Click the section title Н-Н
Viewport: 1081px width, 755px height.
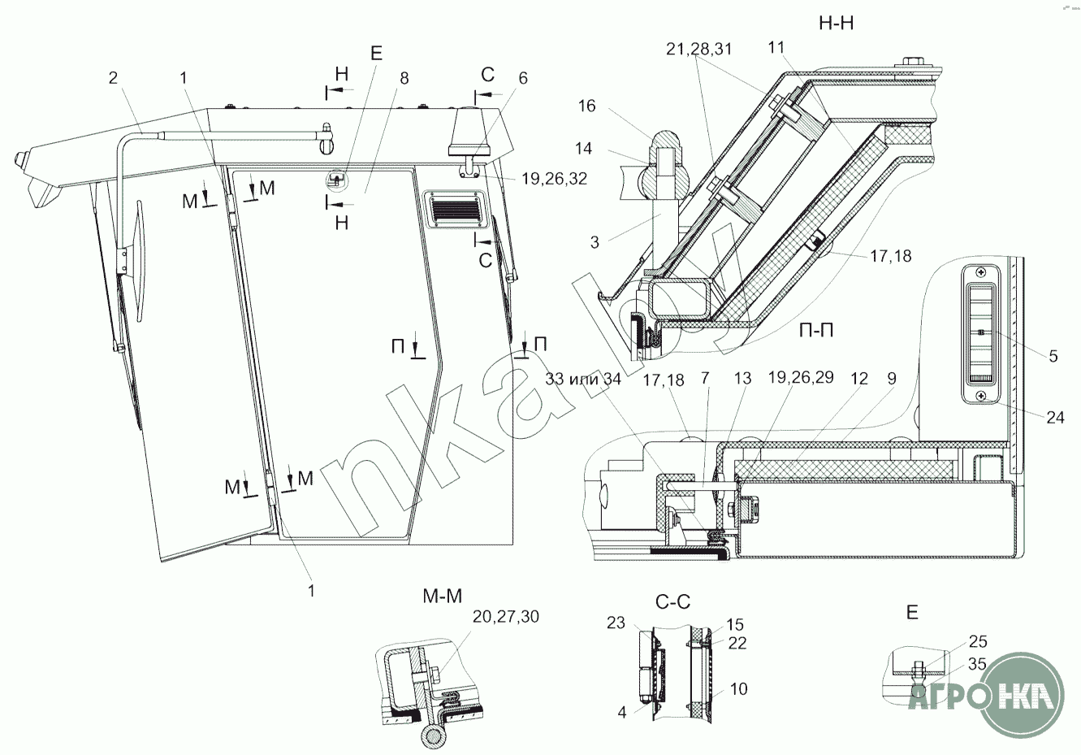[x=836, y=24]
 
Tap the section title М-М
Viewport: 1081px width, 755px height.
[x=443, y=597]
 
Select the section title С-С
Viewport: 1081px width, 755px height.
[x=672, y=602]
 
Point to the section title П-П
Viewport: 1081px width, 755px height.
[x=816, y=331]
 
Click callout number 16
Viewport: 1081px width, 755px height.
[x=587, y=106]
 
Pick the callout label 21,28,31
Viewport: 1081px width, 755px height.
[x=698, y=49]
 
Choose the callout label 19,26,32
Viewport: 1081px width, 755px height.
[x=555, y=179]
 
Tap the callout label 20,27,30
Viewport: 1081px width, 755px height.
[x=506, y=616]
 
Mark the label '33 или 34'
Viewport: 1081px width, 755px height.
[x=583, y=379]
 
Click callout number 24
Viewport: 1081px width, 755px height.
[x=1055, y=416]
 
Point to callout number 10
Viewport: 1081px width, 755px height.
[x=739, y=689]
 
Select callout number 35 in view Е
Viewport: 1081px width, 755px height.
[x=977, y=664]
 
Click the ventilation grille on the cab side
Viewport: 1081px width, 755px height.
[x=452, y=209]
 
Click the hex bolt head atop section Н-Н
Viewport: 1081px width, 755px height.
[x=910, y=62]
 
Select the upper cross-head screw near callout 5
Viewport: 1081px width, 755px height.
[x=979, y=272]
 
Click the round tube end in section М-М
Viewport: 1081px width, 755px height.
[x=432, y=738]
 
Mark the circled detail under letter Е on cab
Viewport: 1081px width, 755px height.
[x=336, y=180]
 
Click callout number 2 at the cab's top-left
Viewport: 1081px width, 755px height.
[x=113, y=78]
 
